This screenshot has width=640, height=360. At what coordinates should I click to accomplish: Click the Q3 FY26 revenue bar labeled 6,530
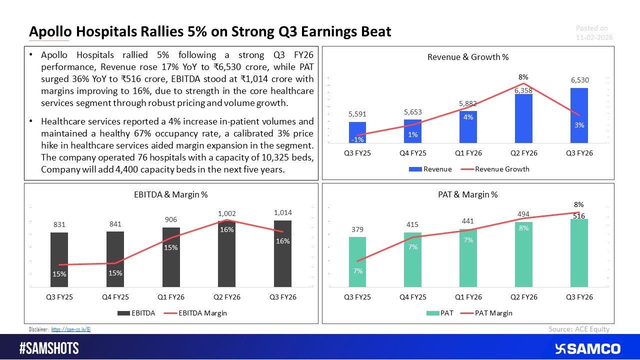578,115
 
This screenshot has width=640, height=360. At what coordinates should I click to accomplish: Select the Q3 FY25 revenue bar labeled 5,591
357,132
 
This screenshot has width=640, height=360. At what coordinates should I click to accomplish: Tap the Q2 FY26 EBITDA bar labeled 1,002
226,253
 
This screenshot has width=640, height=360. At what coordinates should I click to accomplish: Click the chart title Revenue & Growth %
468,57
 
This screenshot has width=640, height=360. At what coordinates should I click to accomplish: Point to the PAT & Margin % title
468,195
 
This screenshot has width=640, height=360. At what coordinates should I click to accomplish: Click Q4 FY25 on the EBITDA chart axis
115,297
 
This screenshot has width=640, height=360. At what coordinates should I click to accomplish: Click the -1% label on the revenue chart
357,139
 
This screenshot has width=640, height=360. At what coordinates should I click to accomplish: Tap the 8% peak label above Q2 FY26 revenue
523,77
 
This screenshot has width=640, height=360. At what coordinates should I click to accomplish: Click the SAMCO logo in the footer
588,348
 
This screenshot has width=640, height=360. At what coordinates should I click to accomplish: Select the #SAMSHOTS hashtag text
49,348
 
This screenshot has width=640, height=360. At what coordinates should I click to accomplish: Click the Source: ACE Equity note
579,328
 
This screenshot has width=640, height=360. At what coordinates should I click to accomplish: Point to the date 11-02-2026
594,37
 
